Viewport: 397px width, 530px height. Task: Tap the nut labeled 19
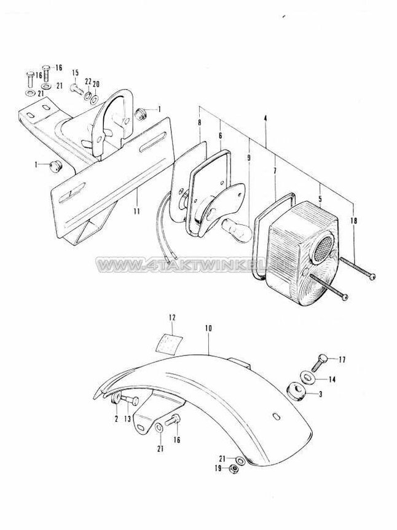[234, 470]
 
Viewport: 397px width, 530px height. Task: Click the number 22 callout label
[88, 81]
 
